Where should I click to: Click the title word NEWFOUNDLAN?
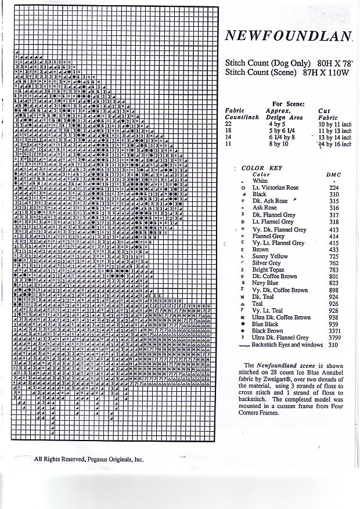point(289,35)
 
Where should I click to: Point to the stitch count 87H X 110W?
point(325,73)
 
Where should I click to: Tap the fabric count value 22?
point(228,124)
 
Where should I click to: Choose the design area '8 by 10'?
point(278,144)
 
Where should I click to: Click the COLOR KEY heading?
point(261,168)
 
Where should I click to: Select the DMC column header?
point(333,175)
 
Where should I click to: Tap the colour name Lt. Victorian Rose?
point(275,188)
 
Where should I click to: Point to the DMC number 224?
point(334,188)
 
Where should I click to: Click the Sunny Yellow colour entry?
point(270,256)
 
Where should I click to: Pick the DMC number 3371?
point(333,331)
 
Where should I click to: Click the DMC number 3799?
point(333,338)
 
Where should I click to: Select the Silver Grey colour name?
point(267,263)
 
